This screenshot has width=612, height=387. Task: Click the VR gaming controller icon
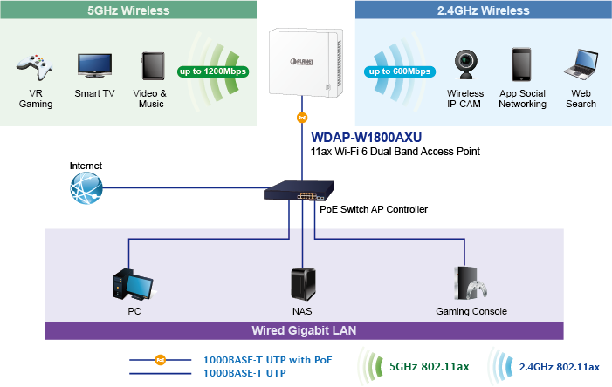click(35, 67)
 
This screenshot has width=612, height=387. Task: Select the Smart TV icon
click(94, 65)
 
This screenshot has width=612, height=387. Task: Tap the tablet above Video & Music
click(153, 66)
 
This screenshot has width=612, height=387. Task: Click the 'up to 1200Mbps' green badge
click(213, 71)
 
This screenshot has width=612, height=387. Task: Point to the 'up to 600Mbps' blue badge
click(400, 71)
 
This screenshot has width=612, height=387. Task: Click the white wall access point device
click(306, 62)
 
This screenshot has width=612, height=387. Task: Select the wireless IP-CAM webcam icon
click(465, 64)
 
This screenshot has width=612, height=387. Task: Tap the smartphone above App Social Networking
click(521, 64)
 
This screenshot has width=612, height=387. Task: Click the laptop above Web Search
click(581, 64)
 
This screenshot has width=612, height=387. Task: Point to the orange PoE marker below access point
click(302, 118)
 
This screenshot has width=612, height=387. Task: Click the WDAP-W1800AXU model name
click(366, 138)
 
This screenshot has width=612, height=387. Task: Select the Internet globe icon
click(86, 188)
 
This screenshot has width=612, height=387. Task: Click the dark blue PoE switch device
click(299, 191)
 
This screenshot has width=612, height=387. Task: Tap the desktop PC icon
click(133, 284)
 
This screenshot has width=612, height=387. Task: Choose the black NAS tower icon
click(303, 284)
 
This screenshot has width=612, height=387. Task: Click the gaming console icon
click(471, 283)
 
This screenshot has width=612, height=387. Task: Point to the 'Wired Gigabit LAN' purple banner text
click(304, 330)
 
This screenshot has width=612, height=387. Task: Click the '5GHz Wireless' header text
click(128, 10)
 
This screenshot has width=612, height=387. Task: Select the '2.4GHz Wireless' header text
click(483, 10)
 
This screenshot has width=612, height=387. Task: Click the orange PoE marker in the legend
click(160, 360)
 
